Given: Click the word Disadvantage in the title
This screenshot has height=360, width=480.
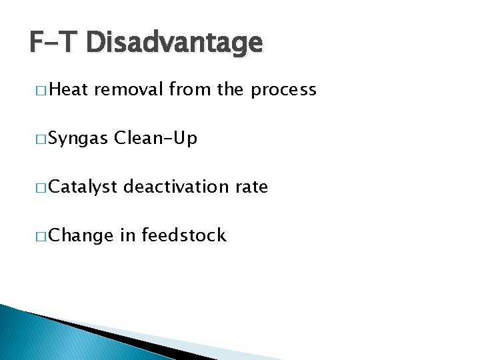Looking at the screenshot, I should point(175,43).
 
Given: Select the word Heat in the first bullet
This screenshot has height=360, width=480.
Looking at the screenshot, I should point(69,90).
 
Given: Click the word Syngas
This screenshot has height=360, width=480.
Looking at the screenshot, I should point(78,139).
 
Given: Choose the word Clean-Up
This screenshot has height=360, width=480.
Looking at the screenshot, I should point(156,139).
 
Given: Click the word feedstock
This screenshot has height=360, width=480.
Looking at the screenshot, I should point(183,235).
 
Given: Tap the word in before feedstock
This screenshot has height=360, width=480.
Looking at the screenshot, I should point(128,235).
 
